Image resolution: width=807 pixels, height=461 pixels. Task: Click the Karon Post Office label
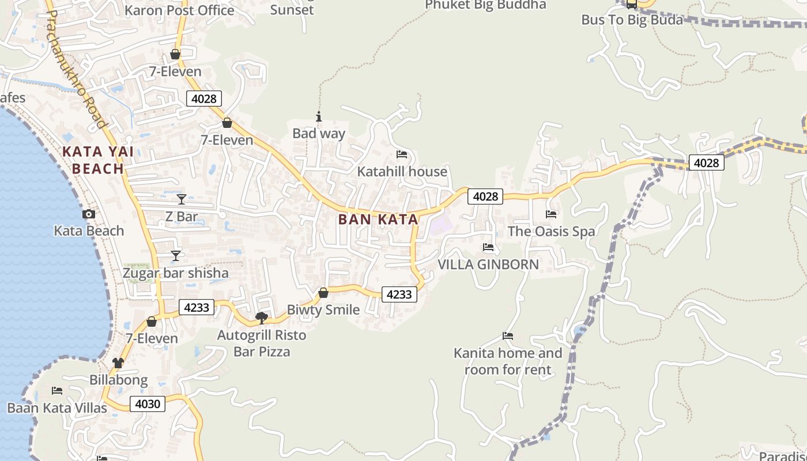pos(179,10)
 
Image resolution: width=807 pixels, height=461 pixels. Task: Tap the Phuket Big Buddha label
pos(485,5)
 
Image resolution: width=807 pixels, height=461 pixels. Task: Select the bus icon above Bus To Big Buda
pos(632,4)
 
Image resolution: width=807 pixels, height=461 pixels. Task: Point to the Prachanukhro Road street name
pos(76,69)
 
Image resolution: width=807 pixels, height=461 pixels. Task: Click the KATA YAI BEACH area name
pos(98,160)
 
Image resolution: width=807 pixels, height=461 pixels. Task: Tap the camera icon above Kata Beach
pos(89,214)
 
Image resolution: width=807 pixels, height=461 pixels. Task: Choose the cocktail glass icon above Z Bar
pos(182,199)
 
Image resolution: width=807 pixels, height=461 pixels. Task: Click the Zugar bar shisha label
pos(176,273)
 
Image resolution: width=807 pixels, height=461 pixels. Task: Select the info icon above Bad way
pos(318,117)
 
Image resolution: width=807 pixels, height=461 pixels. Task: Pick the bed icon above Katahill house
pos(402,154)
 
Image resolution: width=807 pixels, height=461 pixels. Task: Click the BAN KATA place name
pos(378,220)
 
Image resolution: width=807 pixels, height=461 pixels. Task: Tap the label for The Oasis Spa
pos(551,232)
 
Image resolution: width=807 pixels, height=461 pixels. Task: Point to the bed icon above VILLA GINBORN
pos(488,247)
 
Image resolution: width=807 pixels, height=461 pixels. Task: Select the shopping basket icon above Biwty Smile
pos(323,293)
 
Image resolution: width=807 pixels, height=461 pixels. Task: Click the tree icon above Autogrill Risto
pos(262,318)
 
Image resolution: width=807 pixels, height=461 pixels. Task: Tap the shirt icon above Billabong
pos(118,363)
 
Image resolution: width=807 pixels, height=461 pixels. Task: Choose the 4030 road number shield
pos(147,404)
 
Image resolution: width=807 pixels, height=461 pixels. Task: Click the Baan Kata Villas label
pos(57,408)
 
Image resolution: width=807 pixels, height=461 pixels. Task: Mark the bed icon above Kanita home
pos(508,335)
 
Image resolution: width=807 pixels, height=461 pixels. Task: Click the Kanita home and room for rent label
pos(508,361)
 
